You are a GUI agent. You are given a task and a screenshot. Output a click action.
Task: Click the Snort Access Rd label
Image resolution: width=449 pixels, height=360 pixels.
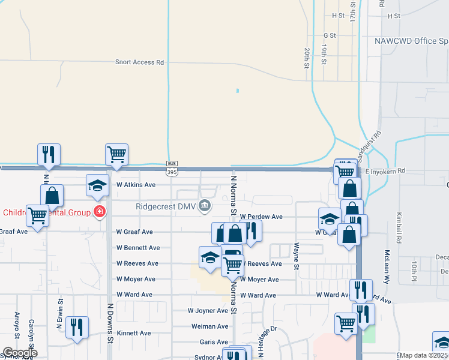[140, 62]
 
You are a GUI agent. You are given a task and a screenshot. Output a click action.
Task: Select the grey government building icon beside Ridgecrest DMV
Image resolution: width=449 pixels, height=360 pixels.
[205, 206]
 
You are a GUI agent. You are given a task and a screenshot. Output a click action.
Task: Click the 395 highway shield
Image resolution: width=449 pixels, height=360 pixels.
[172, 172]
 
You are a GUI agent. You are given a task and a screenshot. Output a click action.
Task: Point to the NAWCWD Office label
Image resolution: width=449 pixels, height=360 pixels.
[411, 41]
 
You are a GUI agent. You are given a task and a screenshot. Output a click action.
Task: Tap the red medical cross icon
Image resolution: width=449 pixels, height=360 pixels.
[99, 212]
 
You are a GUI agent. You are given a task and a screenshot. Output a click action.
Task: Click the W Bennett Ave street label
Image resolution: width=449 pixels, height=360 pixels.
[138, 248]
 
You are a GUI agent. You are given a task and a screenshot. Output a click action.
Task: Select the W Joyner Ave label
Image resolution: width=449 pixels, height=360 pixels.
[208, 311]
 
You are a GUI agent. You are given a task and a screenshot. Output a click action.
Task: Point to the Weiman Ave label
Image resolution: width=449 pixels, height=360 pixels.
[209, 326]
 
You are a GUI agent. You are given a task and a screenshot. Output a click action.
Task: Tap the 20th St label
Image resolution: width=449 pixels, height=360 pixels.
[306, 58]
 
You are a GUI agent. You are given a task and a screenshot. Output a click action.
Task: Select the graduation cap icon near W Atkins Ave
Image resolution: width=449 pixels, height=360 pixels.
[97, 185]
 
